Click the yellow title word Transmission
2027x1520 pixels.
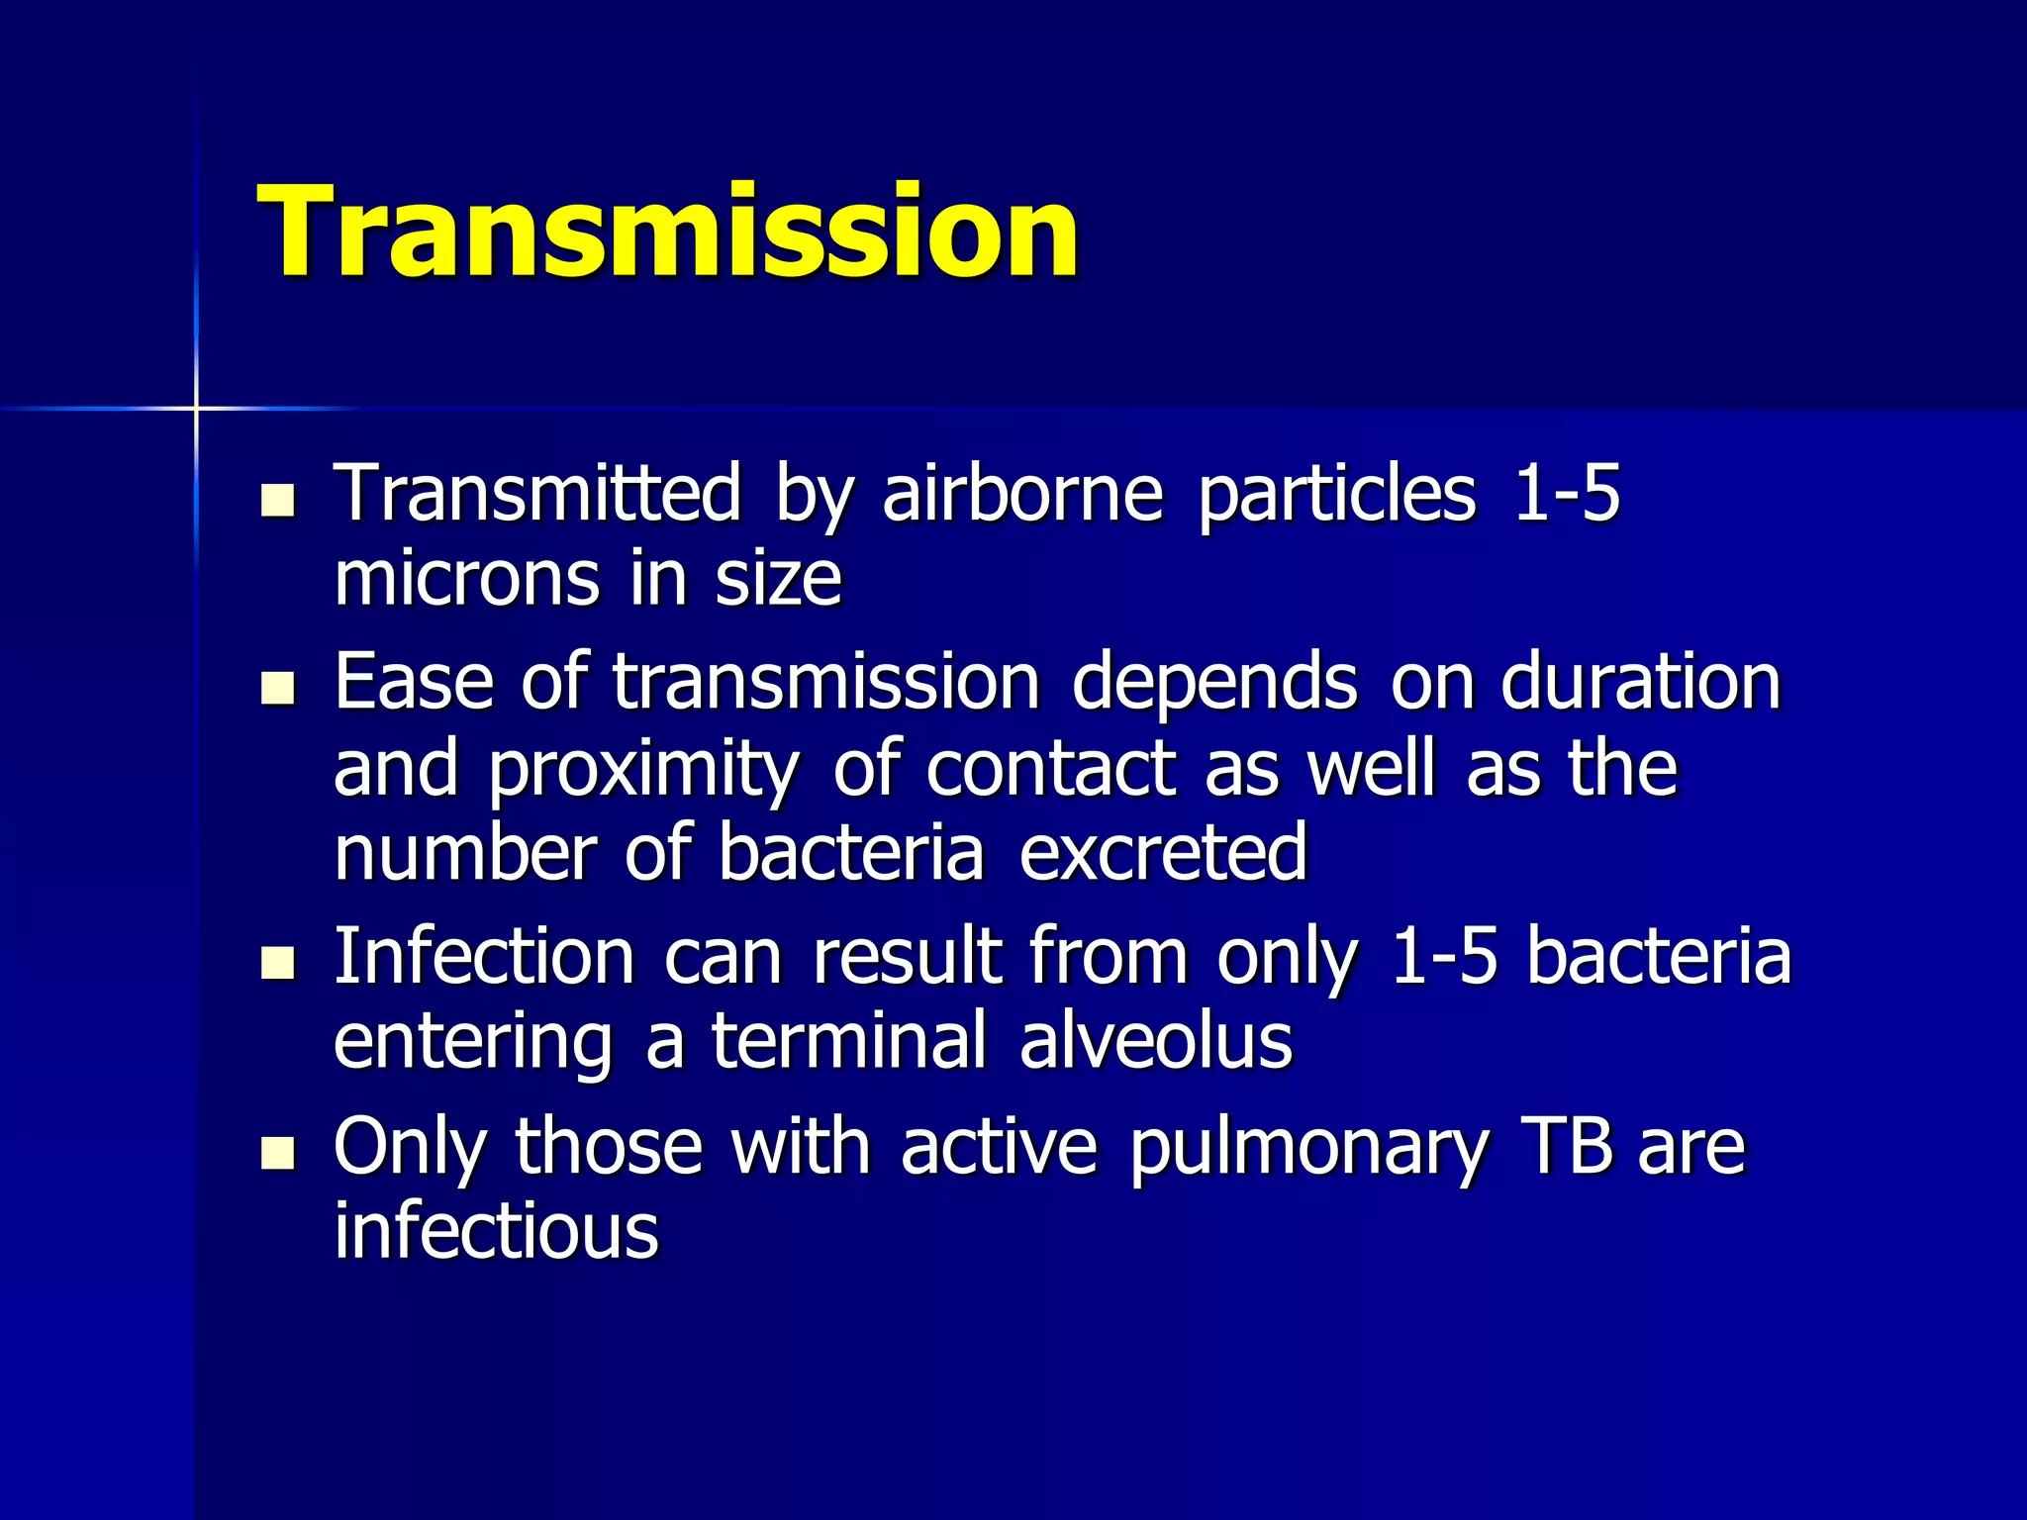[668, 234]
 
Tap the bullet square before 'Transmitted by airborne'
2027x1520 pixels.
[278, 501]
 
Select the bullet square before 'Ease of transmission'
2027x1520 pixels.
[278, 689]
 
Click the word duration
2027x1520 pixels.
[1640, 682]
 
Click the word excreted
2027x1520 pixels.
[1163, 852]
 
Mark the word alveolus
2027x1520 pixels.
[1155, 1041]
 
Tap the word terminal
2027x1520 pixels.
[848, 1041]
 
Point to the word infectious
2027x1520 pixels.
[496, 1231]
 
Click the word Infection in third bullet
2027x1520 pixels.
[484, 957]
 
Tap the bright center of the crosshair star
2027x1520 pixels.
[196, 408]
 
